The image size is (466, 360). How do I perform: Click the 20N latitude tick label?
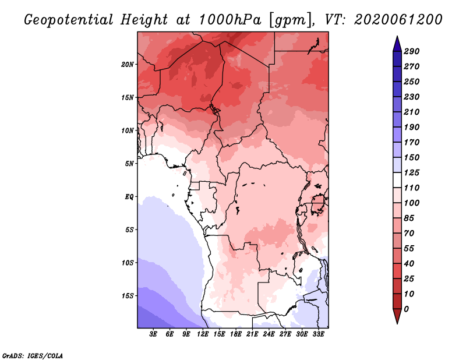coord(128,65)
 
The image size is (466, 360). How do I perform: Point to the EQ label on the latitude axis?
coord(129,197)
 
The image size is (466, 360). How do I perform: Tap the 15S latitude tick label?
coord(128,296)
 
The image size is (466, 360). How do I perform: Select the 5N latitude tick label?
coord(129,164)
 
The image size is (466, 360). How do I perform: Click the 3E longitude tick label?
coord(153,334)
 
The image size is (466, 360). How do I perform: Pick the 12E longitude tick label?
coord(203,334)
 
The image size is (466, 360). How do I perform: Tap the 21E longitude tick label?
coord(252,334)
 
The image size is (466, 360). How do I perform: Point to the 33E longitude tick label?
coord(318,334)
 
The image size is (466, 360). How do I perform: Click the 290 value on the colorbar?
coord(412,51)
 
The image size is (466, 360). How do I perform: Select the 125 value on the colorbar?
coord(412,172)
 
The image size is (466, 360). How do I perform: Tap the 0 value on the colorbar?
coord(407,309)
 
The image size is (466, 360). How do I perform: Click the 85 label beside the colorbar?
coord(409,218)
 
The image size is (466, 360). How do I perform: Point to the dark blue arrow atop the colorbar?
coord(397,44)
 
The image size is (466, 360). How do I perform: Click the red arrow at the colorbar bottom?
coord(397,316)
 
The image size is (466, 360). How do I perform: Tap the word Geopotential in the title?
coord(68,20)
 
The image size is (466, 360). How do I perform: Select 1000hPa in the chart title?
coord(230,20)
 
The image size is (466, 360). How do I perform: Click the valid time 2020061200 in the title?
coord(398,20)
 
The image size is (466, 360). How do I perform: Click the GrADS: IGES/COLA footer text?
coord(33,356)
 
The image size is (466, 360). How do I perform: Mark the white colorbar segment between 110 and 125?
coord(397,180)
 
